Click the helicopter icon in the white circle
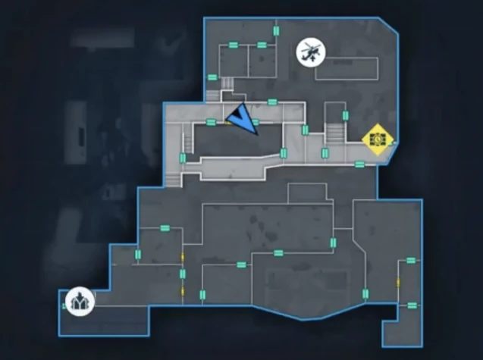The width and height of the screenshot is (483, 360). [309, 52]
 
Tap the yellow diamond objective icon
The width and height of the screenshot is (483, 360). [377, 139]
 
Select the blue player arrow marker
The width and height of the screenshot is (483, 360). [244, 119]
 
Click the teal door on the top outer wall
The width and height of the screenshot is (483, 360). [277, 30]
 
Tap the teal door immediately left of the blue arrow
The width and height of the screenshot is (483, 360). [212, 122]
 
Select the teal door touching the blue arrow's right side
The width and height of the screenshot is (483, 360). [256, 122]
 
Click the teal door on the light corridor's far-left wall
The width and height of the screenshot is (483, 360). [182, 158]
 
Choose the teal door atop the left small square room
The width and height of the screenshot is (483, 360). [234, 45]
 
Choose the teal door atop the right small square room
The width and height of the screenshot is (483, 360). [262, 45]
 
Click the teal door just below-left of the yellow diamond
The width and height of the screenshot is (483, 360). [359, 163]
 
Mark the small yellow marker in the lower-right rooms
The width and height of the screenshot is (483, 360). [398, 283]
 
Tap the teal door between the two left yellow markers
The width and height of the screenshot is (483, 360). [183, 274]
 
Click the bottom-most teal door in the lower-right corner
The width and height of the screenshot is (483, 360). [412, 305]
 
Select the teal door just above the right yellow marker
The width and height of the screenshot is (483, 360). [410, 261]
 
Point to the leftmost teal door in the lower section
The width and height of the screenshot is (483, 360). [138, 254]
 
